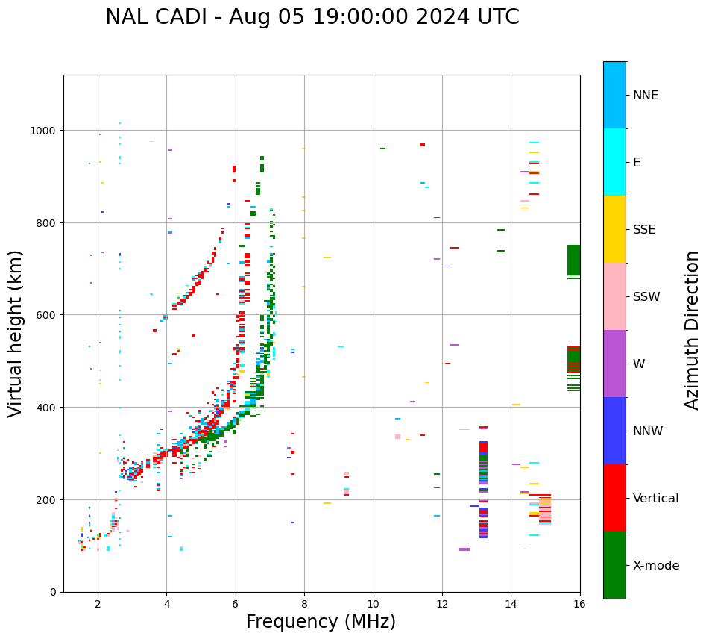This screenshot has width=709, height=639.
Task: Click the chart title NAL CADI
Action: (312, 17)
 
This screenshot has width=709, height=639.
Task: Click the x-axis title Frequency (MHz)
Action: (321, 622)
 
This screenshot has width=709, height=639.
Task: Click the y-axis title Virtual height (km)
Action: (16, 333)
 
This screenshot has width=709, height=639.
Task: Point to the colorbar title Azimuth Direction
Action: (693, 330)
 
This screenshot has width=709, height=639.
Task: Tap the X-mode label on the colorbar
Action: (656, 566)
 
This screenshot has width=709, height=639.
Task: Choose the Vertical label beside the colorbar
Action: (656, 499)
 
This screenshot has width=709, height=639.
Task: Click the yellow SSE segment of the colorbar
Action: (614, 229)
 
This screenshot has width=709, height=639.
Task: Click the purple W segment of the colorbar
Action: (614, 364)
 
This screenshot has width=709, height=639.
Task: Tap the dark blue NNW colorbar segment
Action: (614, 431)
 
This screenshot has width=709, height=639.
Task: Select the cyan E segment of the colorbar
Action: (614, 162)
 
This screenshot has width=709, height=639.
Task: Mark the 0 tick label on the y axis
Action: (53, 592)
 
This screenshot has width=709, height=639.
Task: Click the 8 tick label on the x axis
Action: (304, 605)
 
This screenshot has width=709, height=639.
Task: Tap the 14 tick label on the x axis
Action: (511, 605)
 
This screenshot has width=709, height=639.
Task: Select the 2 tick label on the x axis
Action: (98, 605)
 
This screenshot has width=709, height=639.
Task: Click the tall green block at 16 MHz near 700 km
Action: (573, 261)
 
